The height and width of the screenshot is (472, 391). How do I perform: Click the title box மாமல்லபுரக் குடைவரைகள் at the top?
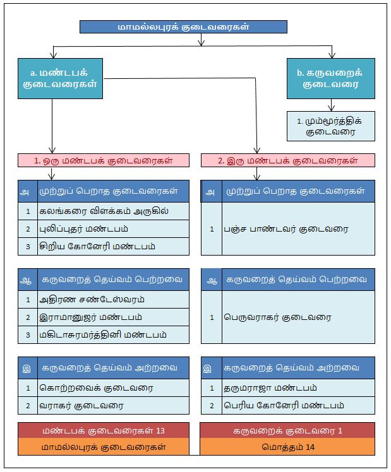(183, 27)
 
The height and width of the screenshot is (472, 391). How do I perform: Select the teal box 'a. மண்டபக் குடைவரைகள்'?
(60, 79)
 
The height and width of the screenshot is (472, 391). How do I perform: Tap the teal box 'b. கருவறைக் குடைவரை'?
(330, 79)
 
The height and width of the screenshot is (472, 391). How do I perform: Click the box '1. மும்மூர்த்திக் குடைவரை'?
(330, 126)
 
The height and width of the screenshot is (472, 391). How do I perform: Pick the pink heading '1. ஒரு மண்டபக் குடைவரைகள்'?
(104, 160)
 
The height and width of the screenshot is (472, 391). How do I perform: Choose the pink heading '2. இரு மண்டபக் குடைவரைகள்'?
(287, 160)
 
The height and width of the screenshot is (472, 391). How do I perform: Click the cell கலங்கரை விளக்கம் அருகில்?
(111, 211)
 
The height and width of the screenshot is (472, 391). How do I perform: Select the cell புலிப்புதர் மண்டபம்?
(111, 228)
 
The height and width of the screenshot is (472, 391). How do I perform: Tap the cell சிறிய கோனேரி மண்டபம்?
(111, 246)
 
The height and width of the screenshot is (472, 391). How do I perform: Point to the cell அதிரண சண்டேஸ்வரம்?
(111, 299)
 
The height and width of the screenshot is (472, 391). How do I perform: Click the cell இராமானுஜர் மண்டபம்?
(111, 317)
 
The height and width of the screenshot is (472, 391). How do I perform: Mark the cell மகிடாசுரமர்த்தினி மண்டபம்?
(111, 334)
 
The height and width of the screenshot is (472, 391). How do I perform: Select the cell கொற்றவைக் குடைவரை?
(111, 387)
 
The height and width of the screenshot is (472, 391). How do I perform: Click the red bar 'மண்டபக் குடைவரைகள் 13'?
(104, 430)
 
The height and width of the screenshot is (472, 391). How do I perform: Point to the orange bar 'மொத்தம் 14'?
(287, 447)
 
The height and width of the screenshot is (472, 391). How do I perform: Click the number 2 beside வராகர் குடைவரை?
(28, 405)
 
